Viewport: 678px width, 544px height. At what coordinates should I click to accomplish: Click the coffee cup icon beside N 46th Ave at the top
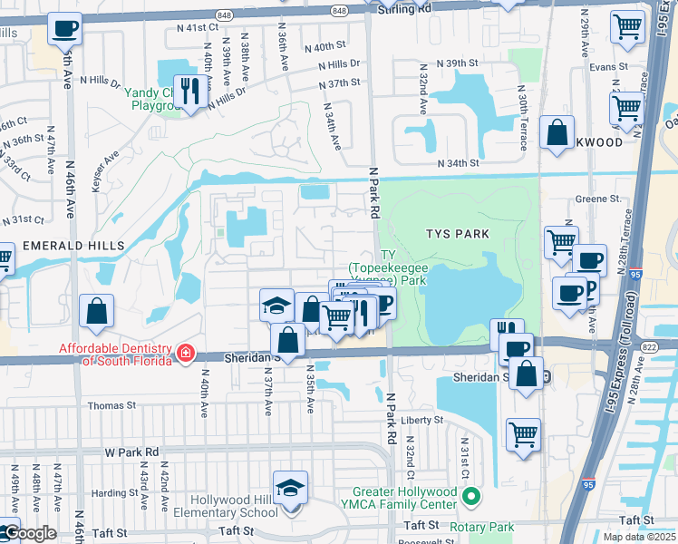tap(64, 29)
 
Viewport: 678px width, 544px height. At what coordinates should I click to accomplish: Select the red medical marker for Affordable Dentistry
tap(186, 352)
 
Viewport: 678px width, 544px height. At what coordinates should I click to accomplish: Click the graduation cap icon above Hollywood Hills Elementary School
tap(290, 489)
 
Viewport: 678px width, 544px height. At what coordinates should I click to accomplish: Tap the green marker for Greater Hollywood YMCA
tap(470, 496)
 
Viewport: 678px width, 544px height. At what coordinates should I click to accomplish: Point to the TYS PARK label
tap(458, 234)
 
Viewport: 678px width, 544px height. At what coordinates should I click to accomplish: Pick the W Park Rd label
tap(131, 451)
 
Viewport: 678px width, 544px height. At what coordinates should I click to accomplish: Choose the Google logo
tap(29, 533)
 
